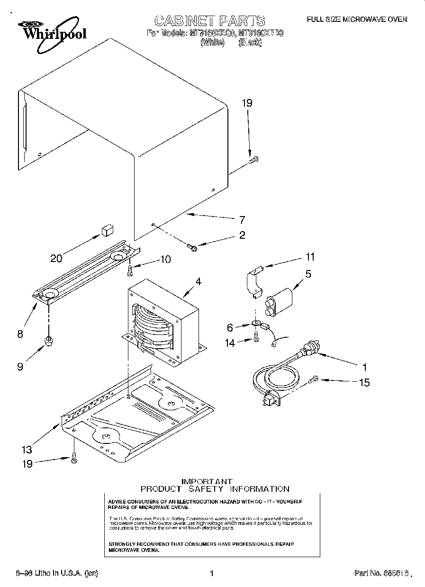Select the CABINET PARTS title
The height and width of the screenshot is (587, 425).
[209, 20]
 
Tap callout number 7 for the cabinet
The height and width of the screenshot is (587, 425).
[242, 219]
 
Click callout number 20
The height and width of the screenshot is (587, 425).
[56, 258]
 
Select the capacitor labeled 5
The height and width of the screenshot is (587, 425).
[279, 303]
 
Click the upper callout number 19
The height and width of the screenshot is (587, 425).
[247, 103]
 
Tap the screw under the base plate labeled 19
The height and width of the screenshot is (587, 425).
[73, 457]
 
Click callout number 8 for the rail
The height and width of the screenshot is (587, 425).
[19, 334]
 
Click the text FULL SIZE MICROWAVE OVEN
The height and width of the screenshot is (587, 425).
[356, 19]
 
